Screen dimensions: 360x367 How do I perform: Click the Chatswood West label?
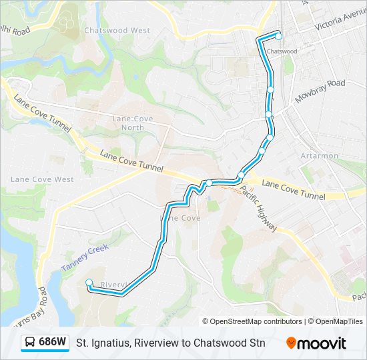117,31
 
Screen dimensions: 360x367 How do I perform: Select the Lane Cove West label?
42,179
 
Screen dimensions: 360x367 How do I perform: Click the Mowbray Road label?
320,90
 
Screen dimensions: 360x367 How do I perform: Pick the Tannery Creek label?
84,257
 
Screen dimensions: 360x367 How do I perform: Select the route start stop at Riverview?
89,282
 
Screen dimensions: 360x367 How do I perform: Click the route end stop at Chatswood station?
278,36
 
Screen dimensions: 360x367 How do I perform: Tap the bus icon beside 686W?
30,343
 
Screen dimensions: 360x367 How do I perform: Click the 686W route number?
53,343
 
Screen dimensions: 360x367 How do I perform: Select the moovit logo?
316,343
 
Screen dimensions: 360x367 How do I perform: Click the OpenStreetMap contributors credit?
252,321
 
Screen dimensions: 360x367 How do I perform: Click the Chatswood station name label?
281,51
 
